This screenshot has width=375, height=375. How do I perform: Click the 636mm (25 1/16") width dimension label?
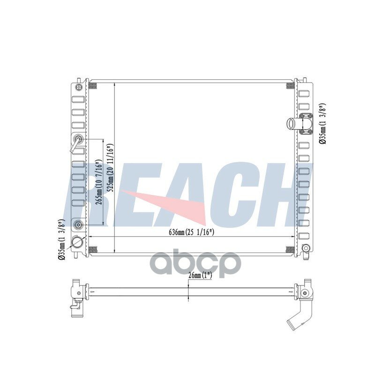tap(191, 232)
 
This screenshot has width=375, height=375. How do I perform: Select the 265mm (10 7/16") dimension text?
tap(99, 181)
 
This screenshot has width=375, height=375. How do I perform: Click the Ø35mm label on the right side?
tap(322, 124)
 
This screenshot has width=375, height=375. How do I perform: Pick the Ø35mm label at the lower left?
tap(61, 239)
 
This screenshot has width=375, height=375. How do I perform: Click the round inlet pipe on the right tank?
tap(292, 123)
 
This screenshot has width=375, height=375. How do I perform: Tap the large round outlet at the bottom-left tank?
tap(77, 243)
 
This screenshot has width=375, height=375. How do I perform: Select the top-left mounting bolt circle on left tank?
tap(79, 87)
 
